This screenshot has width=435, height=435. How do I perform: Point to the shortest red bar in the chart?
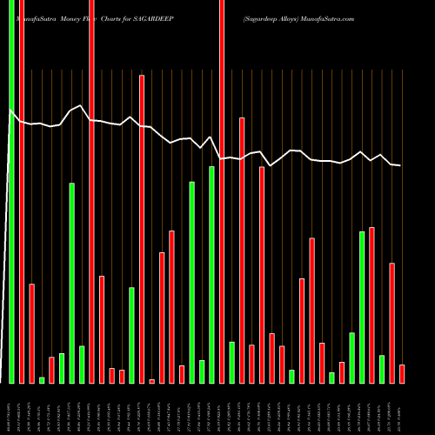(151, 381)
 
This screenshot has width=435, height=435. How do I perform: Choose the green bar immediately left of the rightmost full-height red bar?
(211, 274)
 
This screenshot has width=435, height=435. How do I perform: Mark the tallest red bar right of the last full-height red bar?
(242, 251)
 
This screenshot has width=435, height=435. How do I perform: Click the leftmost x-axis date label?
(9, 408)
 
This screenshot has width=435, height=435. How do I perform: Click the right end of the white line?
(400, 165)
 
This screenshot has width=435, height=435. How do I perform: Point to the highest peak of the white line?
(81, 106)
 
